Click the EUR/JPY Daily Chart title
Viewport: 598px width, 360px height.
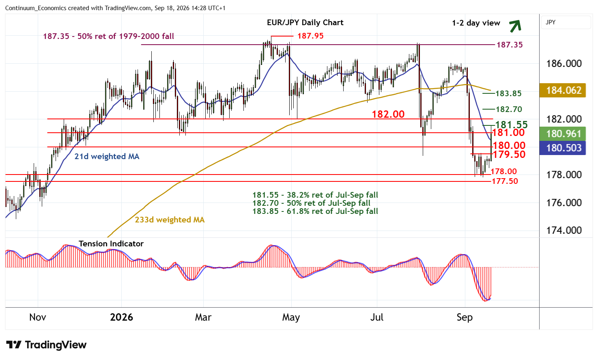[x=305, y=22]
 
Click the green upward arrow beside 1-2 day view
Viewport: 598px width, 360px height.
[x=515, y=26]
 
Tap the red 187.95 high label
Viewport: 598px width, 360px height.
[x=310, y=36]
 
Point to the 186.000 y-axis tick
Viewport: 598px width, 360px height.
[x=564, y=64]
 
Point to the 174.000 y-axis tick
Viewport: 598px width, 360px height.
[x=564, y=230]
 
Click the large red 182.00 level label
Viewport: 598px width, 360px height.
[x=388, y=114]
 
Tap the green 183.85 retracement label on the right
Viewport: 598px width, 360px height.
[x=508, y=93]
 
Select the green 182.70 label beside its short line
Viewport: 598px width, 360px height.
[x=509, y=109]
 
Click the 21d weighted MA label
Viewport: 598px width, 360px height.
[x=107, y=157]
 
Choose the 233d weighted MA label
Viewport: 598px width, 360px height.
[x=170, y=220]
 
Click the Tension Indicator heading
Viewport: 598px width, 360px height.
[x=111, y=244]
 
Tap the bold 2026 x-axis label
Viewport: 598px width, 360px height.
[x=121, y=317]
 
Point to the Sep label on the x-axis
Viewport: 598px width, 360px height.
[x=465, y=317]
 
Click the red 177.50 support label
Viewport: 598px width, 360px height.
[x=505, y=181]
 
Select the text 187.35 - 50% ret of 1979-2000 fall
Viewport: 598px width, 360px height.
[x=108, y=36]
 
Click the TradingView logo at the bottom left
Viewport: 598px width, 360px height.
[x=46, y=345]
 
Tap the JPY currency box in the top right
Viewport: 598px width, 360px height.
[x=566, y=22]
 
